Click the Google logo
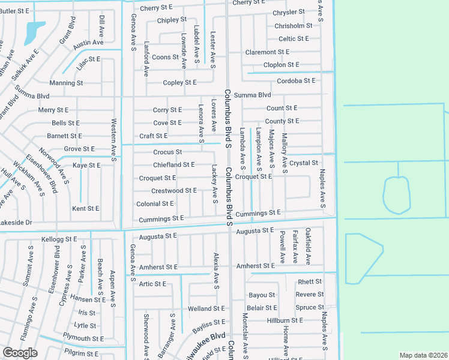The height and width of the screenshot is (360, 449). pos(20,353)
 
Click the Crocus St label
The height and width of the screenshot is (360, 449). pos(167,152)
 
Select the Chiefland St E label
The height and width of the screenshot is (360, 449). pos(173,164)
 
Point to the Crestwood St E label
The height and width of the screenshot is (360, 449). pos(174,191)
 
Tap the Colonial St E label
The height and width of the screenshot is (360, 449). pos(155,204)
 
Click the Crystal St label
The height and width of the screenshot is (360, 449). pos(303,163)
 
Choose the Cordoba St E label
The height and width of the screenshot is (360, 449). pos(296,80)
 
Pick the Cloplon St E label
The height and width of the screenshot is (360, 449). pos(281,65)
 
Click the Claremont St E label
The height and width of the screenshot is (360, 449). pos(268,52)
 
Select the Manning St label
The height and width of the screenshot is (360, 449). pos(62,83)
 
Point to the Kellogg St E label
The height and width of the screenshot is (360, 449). pos(59,239)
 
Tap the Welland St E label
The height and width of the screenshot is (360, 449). pos(206,308)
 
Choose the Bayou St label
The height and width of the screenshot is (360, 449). pos(262,295)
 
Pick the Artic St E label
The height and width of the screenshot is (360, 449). pos(152,284)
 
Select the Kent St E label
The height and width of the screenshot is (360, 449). pos(85,209)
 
